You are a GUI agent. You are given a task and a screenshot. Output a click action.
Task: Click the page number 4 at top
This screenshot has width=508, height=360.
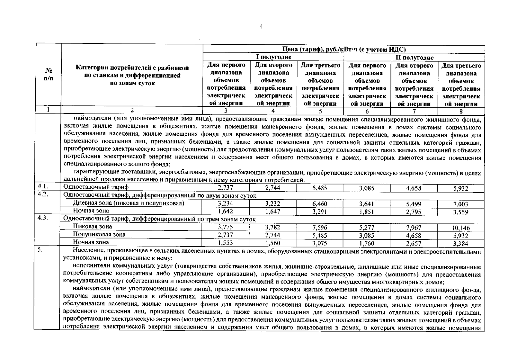pos(261,27)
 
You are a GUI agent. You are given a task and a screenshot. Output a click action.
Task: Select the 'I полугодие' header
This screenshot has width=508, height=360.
pos(273,57)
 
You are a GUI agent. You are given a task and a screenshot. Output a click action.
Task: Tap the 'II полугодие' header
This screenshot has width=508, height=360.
pos(414,57)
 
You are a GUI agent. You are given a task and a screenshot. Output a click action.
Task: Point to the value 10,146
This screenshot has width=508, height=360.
pos(461,228)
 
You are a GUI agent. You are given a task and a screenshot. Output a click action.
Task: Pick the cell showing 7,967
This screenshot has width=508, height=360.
pos(414,228)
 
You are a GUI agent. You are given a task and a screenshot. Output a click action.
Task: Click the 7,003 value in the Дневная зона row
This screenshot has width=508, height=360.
pos(461,204)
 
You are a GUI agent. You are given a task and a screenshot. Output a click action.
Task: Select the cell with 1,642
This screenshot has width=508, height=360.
pos(225,211)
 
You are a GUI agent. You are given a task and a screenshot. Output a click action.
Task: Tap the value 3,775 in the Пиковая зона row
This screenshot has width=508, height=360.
pos(225,227)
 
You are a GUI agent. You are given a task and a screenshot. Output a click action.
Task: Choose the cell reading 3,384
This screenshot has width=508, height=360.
pos(461,243)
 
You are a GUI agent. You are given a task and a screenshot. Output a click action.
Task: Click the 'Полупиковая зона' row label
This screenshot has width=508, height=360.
pos(99,234)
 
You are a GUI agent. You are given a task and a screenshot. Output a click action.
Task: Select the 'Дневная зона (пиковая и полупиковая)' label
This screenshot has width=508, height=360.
pos(129,203)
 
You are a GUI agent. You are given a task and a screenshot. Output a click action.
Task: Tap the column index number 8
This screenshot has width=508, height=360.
pos(461,112)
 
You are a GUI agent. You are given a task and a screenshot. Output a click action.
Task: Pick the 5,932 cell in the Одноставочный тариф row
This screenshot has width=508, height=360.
pos(461,188)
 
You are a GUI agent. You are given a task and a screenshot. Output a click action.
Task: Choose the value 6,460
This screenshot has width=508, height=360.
pos(319,204)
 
